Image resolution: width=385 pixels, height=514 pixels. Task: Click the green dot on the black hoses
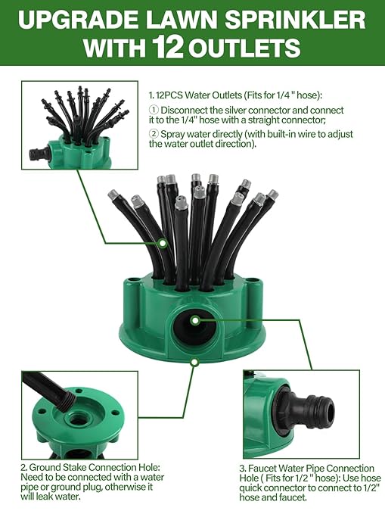(x=164, y=243)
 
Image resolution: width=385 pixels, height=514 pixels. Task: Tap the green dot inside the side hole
(x=195, y=320)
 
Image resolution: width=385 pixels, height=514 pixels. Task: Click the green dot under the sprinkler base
(x=194, y=362)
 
